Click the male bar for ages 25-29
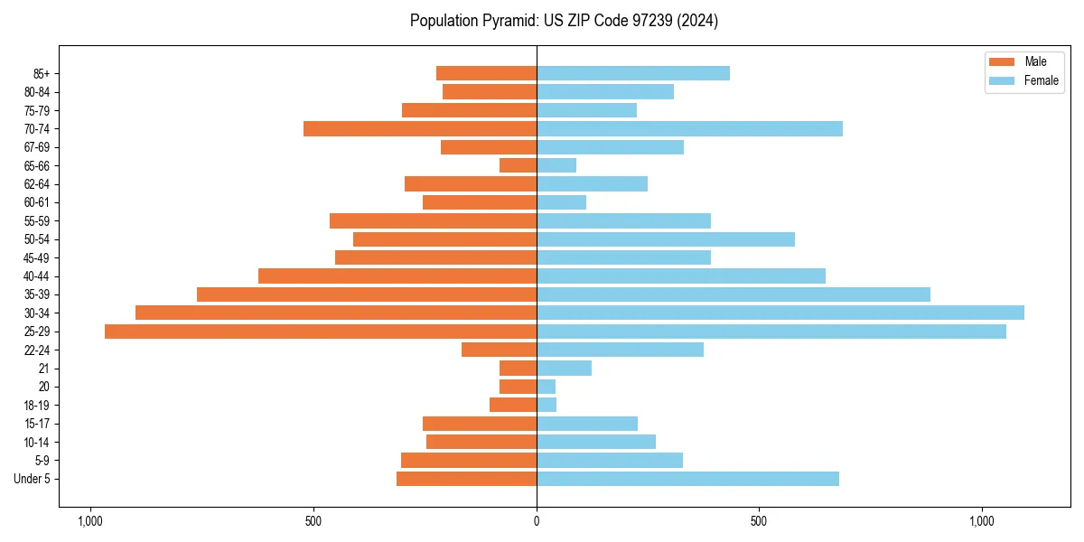(x=321, y=332)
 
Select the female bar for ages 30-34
(x=780, y=313)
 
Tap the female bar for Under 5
(x=687, y=479)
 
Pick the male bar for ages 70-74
(x=420, y=128)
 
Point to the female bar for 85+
(x=633, y=73)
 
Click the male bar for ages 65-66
(x=518, y=165)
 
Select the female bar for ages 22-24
(x=620, y=350)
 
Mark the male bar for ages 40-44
(x=397, y=276)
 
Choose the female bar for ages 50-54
(x=666, y=239)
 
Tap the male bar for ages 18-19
(x=513, y=405)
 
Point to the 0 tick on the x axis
(x=537, y=521)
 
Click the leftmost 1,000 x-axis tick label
(x=90, y=521)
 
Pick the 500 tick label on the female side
(x=759, y=521)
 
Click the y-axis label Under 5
(x=32, y=479)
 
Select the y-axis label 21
(x=43, y=369)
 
